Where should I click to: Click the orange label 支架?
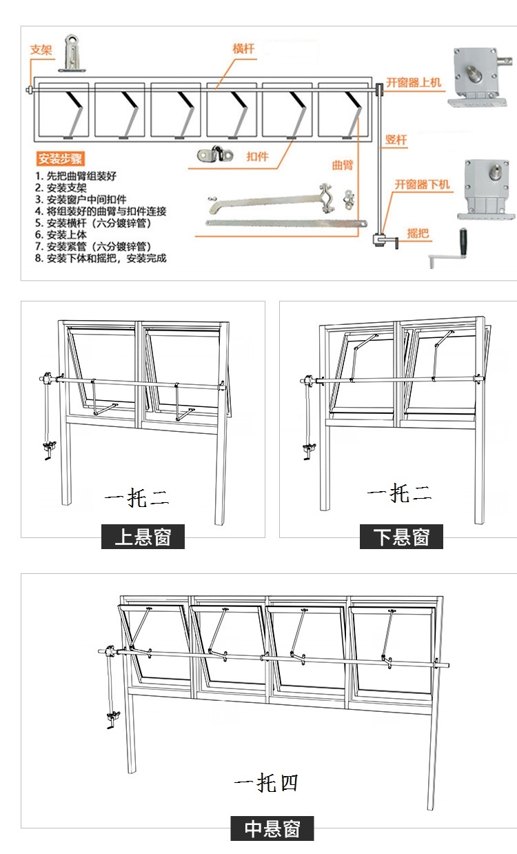41,50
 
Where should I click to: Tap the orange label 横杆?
243,49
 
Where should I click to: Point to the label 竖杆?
396,140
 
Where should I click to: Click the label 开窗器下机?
422,184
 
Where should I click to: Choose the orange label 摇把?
418,233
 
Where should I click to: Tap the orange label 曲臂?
342,165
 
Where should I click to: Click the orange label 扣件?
257,157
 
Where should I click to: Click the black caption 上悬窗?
143,536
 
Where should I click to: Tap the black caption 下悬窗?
401,536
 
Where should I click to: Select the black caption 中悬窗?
272,828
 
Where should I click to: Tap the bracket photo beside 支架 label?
72,54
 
